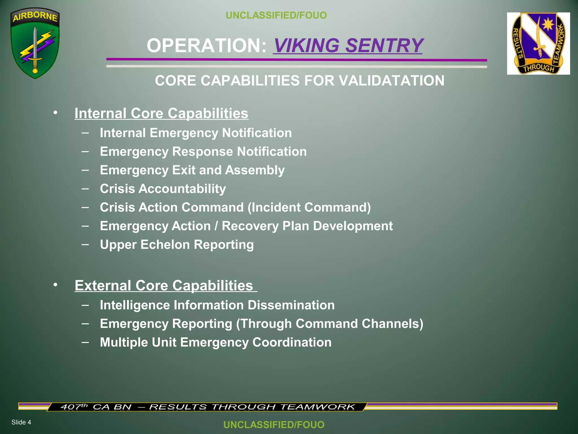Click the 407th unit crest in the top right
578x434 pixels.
pyautogui.click(x=538, y=44)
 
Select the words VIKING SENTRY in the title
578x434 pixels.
pyautogui.click(x=348, y=45)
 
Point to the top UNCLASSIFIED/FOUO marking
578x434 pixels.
pyautogui.click(x=276, y=15)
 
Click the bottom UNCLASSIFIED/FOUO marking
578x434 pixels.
pyautogui.click(x=274, y=424)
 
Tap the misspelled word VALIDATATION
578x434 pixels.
pyautogui.click(x=391, y=81)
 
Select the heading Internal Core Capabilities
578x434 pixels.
pyautogui.click(x=161, y=113)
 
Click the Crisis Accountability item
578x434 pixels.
pyautogui.click(x=163, y=189)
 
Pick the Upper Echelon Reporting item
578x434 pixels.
pyautogui.click(x=177, y=245)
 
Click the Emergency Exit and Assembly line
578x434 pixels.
pyautogui.click(x=192, y=170)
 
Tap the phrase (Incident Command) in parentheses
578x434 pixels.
pyautogui.click(x=309, y=207)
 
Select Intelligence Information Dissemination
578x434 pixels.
pyautogui.click(x=217, y=305)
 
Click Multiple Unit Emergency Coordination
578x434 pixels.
pyautogui.click(x=216, y=342)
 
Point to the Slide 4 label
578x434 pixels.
pyautogui.click(x=21, y=422)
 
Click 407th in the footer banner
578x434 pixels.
pyautogui.click(x=74, y=407)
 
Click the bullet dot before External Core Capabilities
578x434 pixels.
pyautogui.click(x=55, y=285)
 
